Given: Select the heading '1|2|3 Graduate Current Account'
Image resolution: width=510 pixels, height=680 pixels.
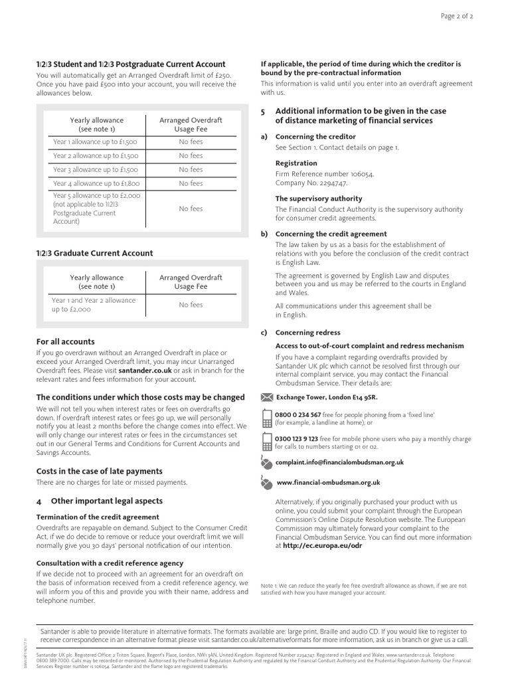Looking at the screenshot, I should tap(94, 253).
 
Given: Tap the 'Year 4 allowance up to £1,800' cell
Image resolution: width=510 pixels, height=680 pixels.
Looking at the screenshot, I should tap(96, 183).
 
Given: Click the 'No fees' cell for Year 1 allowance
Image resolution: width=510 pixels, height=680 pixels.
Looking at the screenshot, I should tap(191, 141).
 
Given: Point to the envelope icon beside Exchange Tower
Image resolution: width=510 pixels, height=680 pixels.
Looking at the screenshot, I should tap(267, 397).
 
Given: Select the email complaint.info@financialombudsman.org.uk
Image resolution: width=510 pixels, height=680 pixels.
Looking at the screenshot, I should tap(339, 462).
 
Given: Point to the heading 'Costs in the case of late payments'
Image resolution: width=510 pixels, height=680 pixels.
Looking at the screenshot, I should tap(99, 471).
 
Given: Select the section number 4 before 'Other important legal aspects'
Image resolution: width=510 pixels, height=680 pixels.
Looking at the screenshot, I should tap(39, 501).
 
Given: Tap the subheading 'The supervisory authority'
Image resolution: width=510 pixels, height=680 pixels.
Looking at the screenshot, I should tap(319, 198).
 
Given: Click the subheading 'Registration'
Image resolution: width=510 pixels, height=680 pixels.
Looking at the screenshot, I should tap(296, 163).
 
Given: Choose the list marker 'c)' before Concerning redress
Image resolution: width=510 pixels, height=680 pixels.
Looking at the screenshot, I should tap(264, 333).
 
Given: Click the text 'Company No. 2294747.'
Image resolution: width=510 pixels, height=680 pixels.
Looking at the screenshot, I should tap(311, 183).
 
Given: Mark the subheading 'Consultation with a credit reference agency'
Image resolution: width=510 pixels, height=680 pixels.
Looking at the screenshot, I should tap(109, 562).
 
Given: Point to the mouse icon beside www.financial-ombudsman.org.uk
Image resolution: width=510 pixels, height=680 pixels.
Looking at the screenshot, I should tap(266, 483).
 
